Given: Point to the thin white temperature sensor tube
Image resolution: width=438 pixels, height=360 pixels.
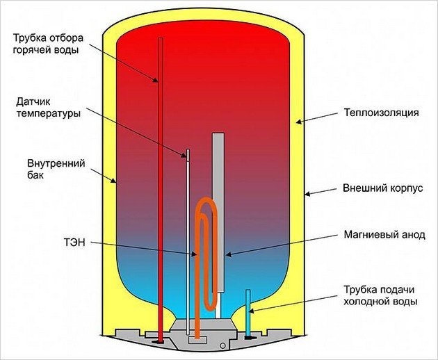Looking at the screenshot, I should point(187,229).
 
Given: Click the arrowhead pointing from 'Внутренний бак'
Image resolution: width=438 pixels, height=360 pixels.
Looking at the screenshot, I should point(116,182).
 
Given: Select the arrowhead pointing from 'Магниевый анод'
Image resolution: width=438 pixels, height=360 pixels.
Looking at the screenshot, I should point(227,254).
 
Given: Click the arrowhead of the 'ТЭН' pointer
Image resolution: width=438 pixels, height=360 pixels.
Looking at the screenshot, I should point(197,254).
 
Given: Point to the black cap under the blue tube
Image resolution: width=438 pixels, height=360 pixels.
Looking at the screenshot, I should point(248,338).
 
